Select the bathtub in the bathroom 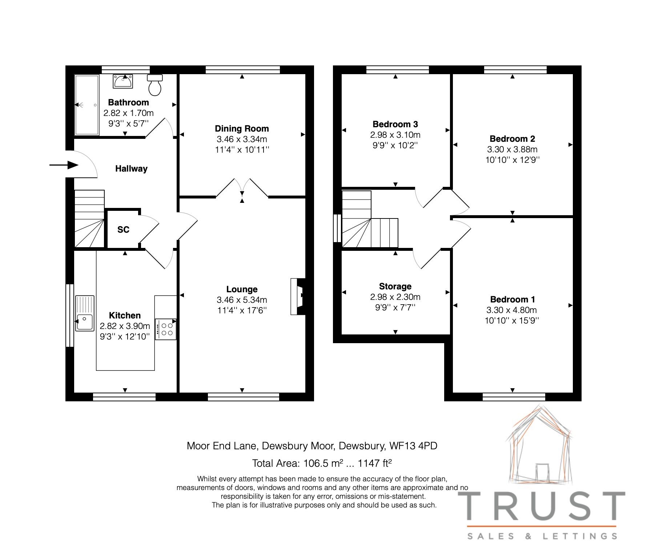coord(87,105)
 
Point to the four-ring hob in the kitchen coord(166,329)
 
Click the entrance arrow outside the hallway coord(64,165)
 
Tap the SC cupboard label coord(123,230)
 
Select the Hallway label coord(131,169)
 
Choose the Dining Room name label coord(242,129)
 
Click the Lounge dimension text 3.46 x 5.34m coord(242,300)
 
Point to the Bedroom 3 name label coord(395,124)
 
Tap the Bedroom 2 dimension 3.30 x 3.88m coord(512,149)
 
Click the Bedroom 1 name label coord(512,300)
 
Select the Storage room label coord(395,286)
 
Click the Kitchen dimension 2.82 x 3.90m coord(125,326)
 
